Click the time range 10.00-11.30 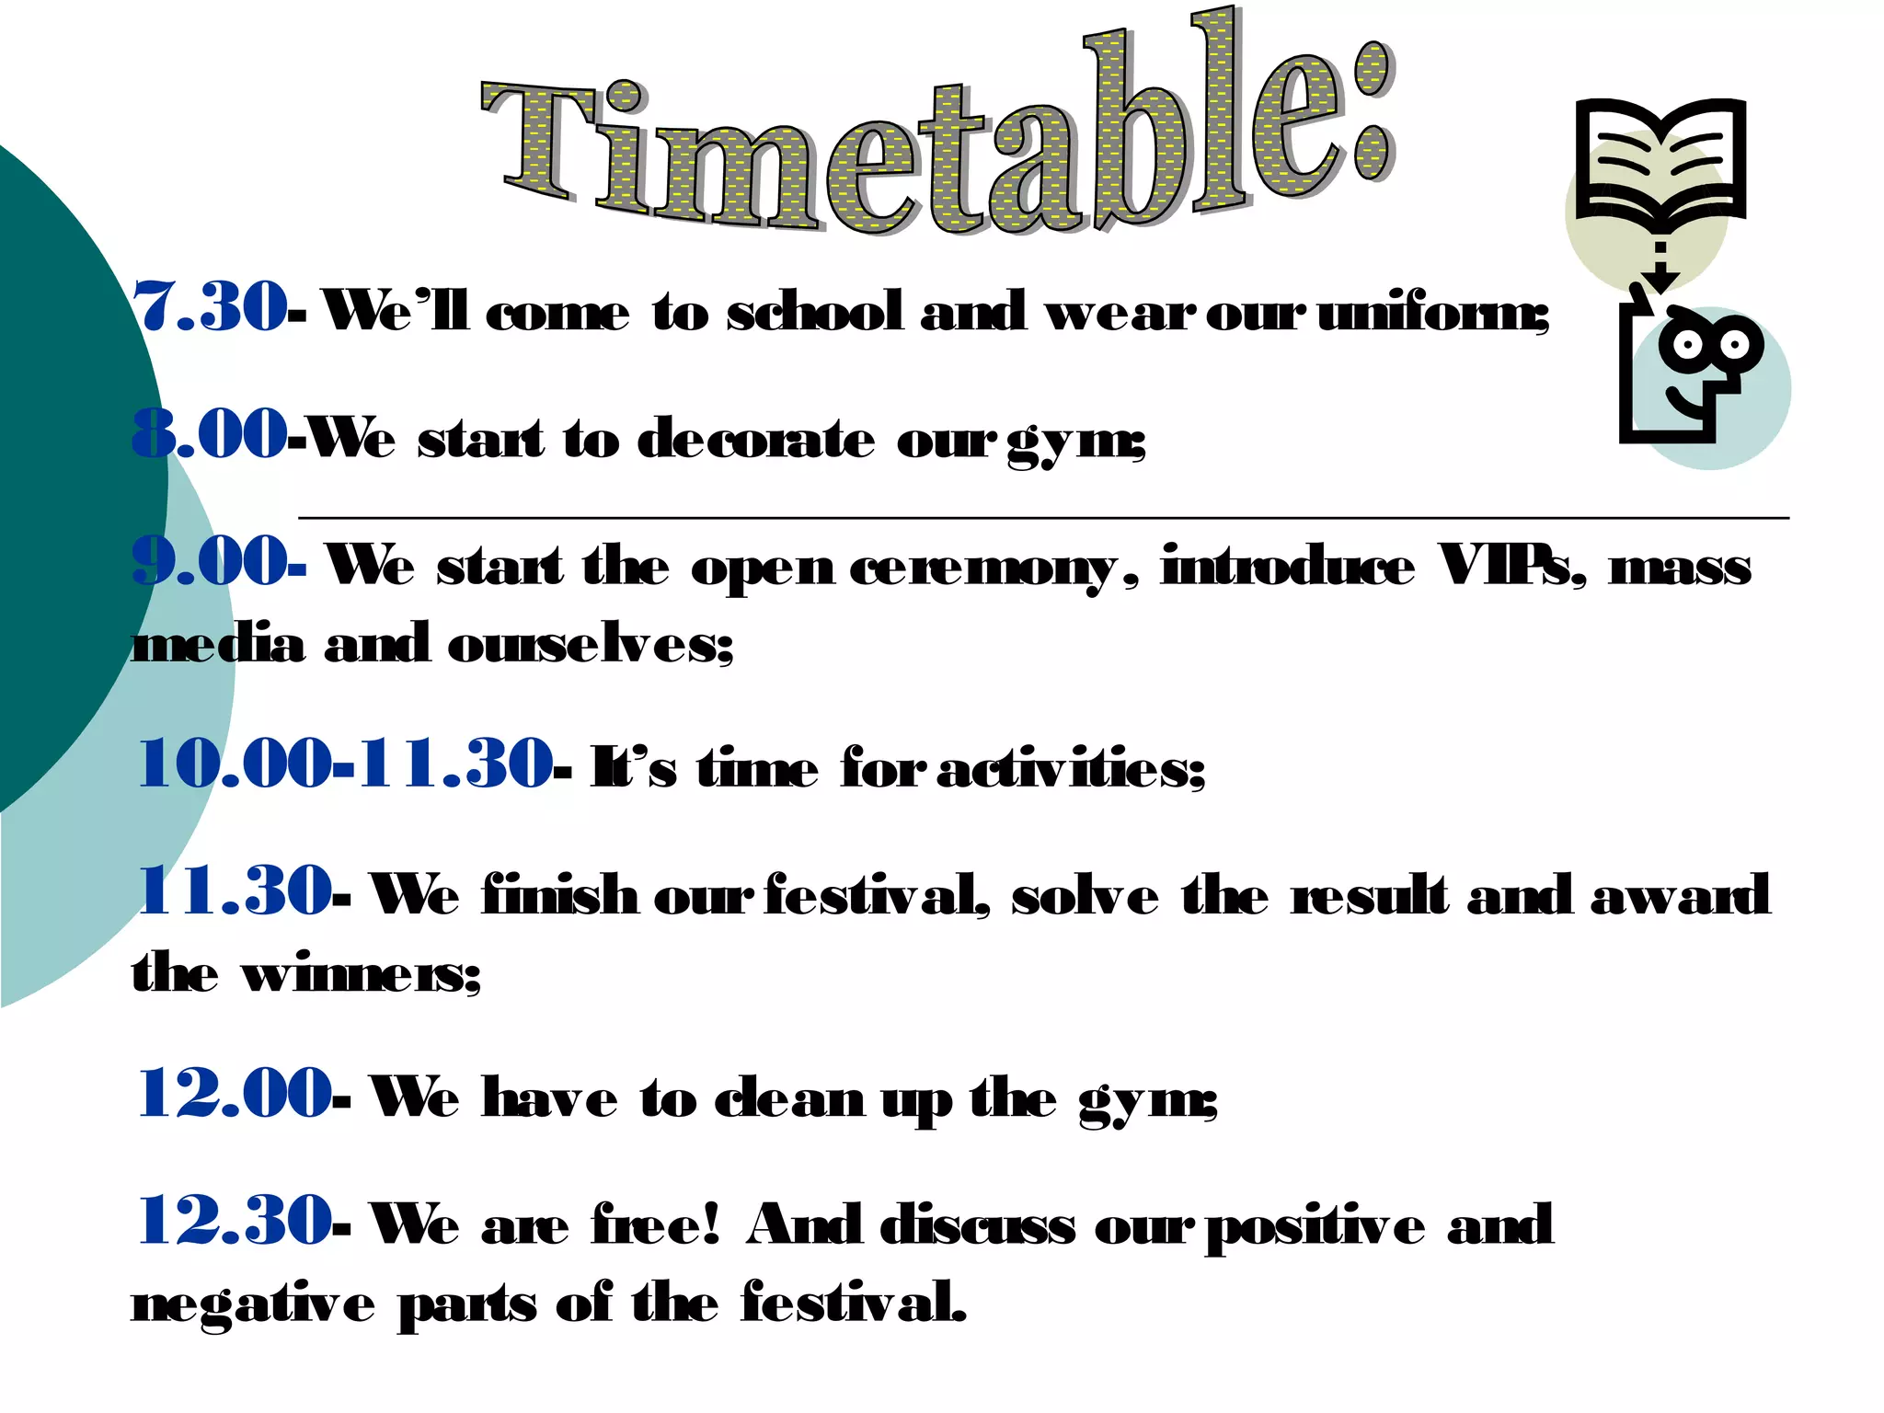point(345,764)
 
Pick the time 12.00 point(234,1094)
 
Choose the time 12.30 point(234,1221)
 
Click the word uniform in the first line point(1431,314)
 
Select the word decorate point(756,440)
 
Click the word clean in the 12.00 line point(789,1099)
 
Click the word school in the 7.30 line point(815,312)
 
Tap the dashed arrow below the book point(1660,267)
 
